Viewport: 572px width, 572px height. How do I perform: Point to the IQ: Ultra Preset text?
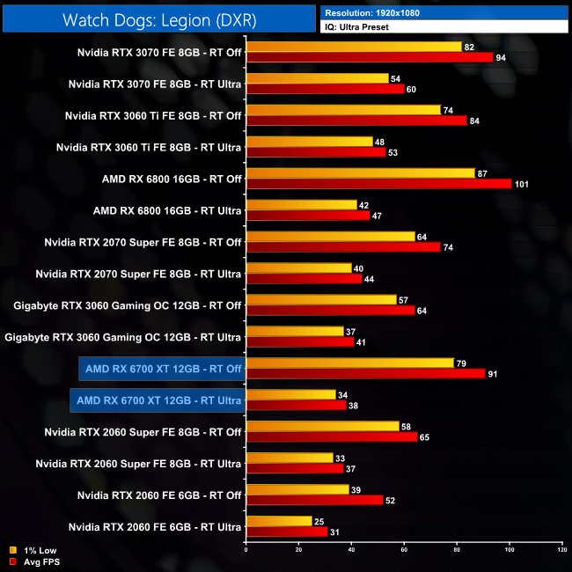pyautogui.click(x=357, y=27)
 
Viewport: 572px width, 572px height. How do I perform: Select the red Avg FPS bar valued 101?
pyautogui.click(x=378, y=184)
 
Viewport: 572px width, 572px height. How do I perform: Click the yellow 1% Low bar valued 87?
pyautogui.click(x=360, y=173)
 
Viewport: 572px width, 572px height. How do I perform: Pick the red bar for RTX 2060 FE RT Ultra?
pyautogui.click(x=286, y=532)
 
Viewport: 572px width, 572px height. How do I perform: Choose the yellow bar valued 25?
pyautogui.click(x=278, y=521)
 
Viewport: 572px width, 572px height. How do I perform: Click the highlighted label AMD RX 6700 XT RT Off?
pyautogui.click(x=159, y=368)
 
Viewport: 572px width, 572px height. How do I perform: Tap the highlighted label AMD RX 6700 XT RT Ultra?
pyautogui.click(x=158, y=401)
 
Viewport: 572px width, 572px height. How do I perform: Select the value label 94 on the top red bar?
pyautogui.click(x=502, y=57)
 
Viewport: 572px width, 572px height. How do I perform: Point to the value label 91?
pyautogui.click(x=494, y=373)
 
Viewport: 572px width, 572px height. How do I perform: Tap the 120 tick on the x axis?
pyautogui.click(x=562, y=550)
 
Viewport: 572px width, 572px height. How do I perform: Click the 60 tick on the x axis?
pyautogui.click(x=405, y=550)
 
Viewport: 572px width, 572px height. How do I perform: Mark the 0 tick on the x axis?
pyautogui.click(x=246, y=550)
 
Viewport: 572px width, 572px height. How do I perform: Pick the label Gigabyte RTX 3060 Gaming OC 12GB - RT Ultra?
pyautogui.click(x=123, y=336)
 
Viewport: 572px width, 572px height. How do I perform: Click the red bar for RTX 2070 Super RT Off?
pyautogui.click(x=343, y=247)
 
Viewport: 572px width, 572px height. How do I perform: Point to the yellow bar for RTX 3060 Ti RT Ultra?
pyautogui.click(x=310, y=142)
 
